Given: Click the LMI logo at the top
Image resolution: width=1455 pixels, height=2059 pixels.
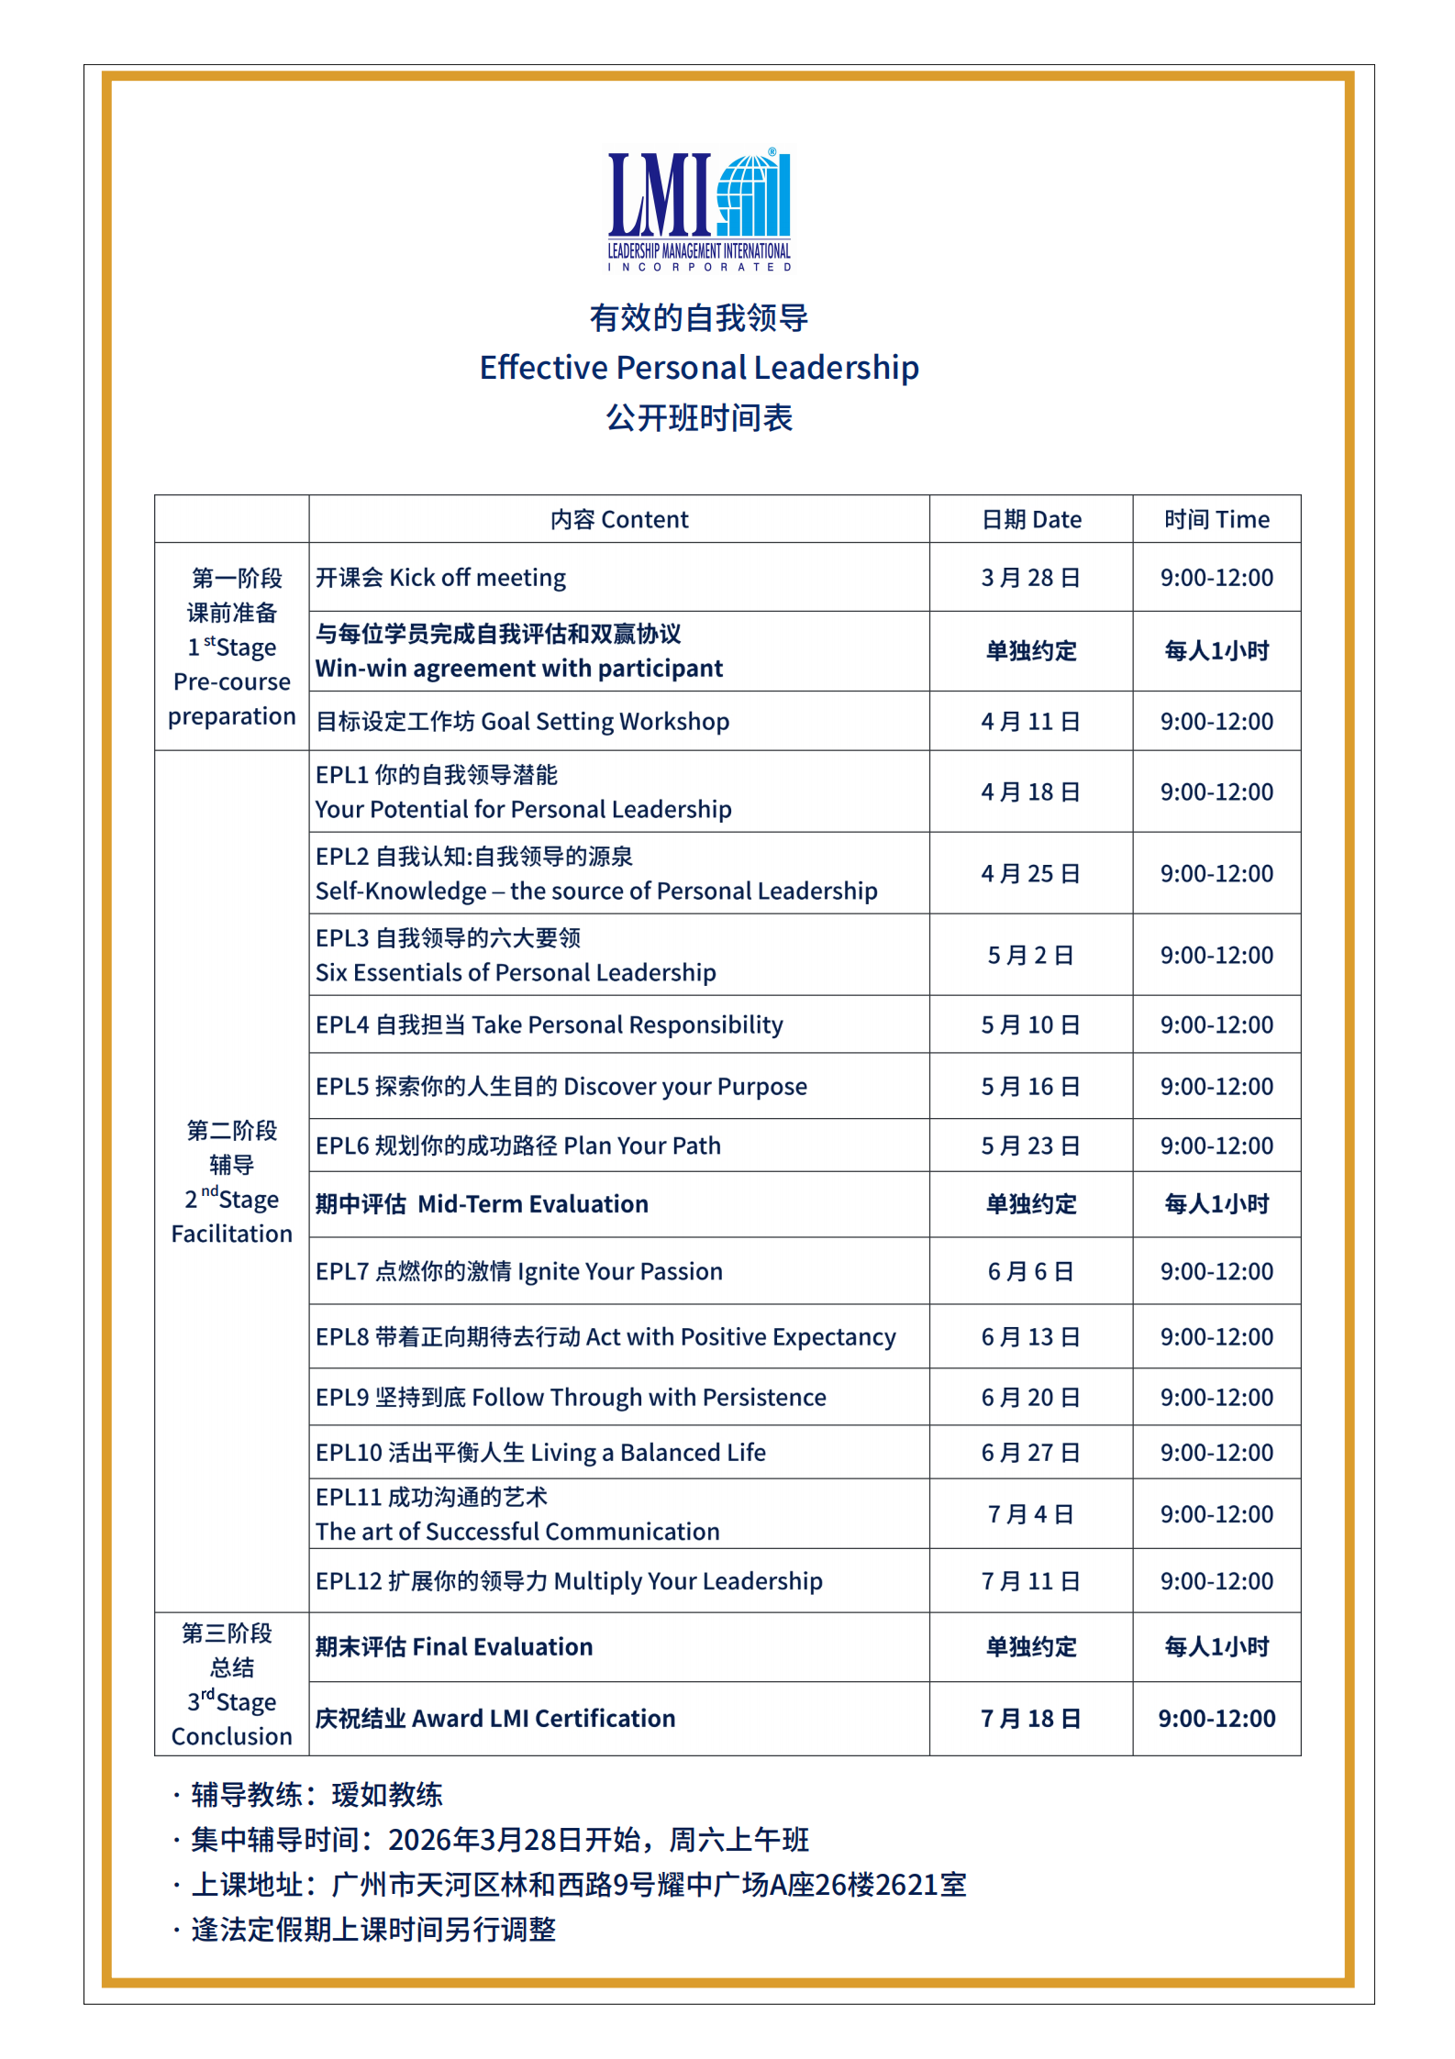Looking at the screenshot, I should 699,209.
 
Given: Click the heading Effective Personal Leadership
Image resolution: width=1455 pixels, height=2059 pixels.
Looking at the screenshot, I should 699,368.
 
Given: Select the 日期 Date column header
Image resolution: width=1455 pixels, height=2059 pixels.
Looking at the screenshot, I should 1031,520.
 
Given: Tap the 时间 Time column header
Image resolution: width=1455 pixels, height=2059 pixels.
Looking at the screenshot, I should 1216,520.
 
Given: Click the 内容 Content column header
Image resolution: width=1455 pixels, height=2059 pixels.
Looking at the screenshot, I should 619,520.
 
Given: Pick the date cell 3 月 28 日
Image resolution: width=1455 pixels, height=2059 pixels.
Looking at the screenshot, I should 1031,578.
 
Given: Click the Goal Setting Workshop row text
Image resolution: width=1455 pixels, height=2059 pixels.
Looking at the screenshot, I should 523,722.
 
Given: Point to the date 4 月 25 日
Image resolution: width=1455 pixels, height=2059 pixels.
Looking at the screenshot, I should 1031,873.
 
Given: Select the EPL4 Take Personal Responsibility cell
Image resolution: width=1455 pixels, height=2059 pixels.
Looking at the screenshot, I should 550,1024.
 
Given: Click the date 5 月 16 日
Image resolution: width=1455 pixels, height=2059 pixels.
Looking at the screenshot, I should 1031,1087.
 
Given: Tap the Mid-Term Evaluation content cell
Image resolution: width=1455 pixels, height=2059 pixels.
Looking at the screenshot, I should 482,1204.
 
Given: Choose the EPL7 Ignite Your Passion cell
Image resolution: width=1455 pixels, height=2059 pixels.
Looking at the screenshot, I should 519,1271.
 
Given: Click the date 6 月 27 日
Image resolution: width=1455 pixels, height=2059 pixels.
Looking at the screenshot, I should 1031,1453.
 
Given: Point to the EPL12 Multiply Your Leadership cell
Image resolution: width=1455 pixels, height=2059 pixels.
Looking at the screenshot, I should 569,1581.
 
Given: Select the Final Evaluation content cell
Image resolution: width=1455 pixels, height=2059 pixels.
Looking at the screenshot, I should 454,1647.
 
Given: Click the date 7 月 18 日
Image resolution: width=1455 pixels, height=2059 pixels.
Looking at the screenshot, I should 1031,1719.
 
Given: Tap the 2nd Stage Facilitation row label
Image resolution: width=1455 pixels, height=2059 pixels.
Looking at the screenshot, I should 232,1182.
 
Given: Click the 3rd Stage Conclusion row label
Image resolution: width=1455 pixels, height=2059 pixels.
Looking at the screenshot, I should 232,1685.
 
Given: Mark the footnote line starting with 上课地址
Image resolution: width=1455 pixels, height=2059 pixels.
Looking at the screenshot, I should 578,1885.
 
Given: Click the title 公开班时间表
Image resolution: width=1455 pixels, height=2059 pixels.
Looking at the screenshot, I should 699,418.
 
